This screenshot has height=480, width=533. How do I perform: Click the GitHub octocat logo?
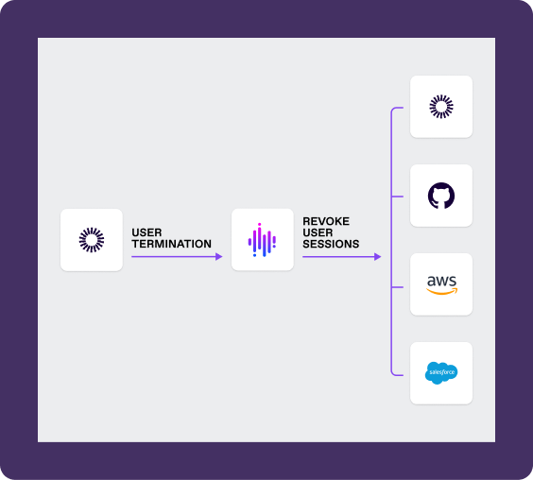click(x=441, y=196)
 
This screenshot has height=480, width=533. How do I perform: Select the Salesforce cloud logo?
click(x=441, y=373)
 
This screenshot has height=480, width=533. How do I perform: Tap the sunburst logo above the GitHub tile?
click(x=441, y=107)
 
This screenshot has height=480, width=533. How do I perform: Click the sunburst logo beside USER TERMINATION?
click(x=92, y=240)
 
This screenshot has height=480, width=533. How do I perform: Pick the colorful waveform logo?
click(x=262, y=240)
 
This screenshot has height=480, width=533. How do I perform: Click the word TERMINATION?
click(x=172, y=244)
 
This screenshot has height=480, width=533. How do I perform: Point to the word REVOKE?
click(x=326, y=221)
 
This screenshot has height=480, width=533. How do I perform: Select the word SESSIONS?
click(x=331, y=244)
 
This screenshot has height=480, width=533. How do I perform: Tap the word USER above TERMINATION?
click(x=146, y=232)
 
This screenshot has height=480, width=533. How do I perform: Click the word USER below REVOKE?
click(x=318, y=232)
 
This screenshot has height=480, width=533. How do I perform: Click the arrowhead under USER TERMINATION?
click(x=219, y=257)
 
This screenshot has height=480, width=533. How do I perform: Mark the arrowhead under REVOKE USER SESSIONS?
click(x=378, y=257)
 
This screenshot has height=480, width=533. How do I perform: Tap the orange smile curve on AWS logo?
click(x=442, y=291)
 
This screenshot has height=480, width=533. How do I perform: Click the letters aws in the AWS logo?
click(x=441, y=281)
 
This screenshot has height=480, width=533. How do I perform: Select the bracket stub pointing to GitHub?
click(x=397, y=197)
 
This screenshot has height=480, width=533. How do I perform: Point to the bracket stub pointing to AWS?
click(x=397, y=287)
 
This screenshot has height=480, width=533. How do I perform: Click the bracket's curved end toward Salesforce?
click(x=394, y=373)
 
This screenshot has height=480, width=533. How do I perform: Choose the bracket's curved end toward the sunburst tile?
click(x=394, y=110)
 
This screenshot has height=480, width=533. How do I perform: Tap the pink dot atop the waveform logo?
click(x=259, y=224)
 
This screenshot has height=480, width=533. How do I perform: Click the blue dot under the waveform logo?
click(x=254, y=255)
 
